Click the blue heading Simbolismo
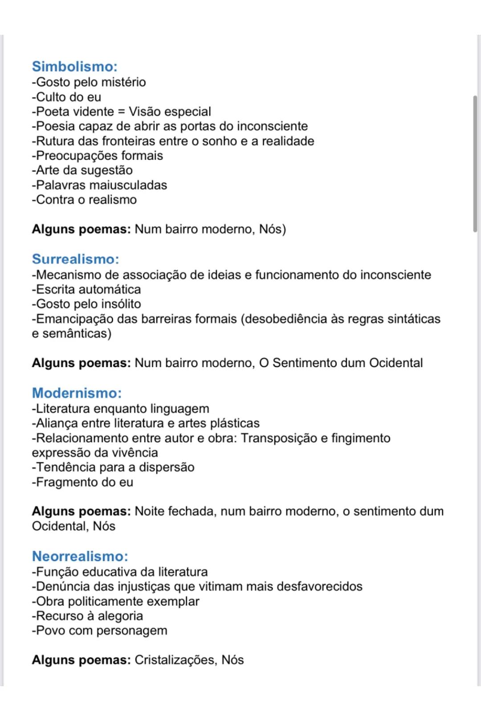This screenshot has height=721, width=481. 74,66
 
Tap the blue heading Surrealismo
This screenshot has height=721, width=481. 75,259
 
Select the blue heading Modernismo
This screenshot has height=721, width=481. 77,393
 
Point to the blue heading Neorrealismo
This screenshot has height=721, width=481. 80,556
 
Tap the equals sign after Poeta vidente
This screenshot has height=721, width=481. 121,112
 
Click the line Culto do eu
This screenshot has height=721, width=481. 66,97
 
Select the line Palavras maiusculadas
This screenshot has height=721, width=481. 99,185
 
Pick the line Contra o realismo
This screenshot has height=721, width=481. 84,200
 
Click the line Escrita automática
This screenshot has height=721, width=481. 86,290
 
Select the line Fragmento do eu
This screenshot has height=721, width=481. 82,482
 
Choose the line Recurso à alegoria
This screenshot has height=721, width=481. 87,616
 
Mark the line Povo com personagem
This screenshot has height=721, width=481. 99,631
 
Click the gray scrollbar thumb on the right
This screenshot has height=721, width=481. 475,163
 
